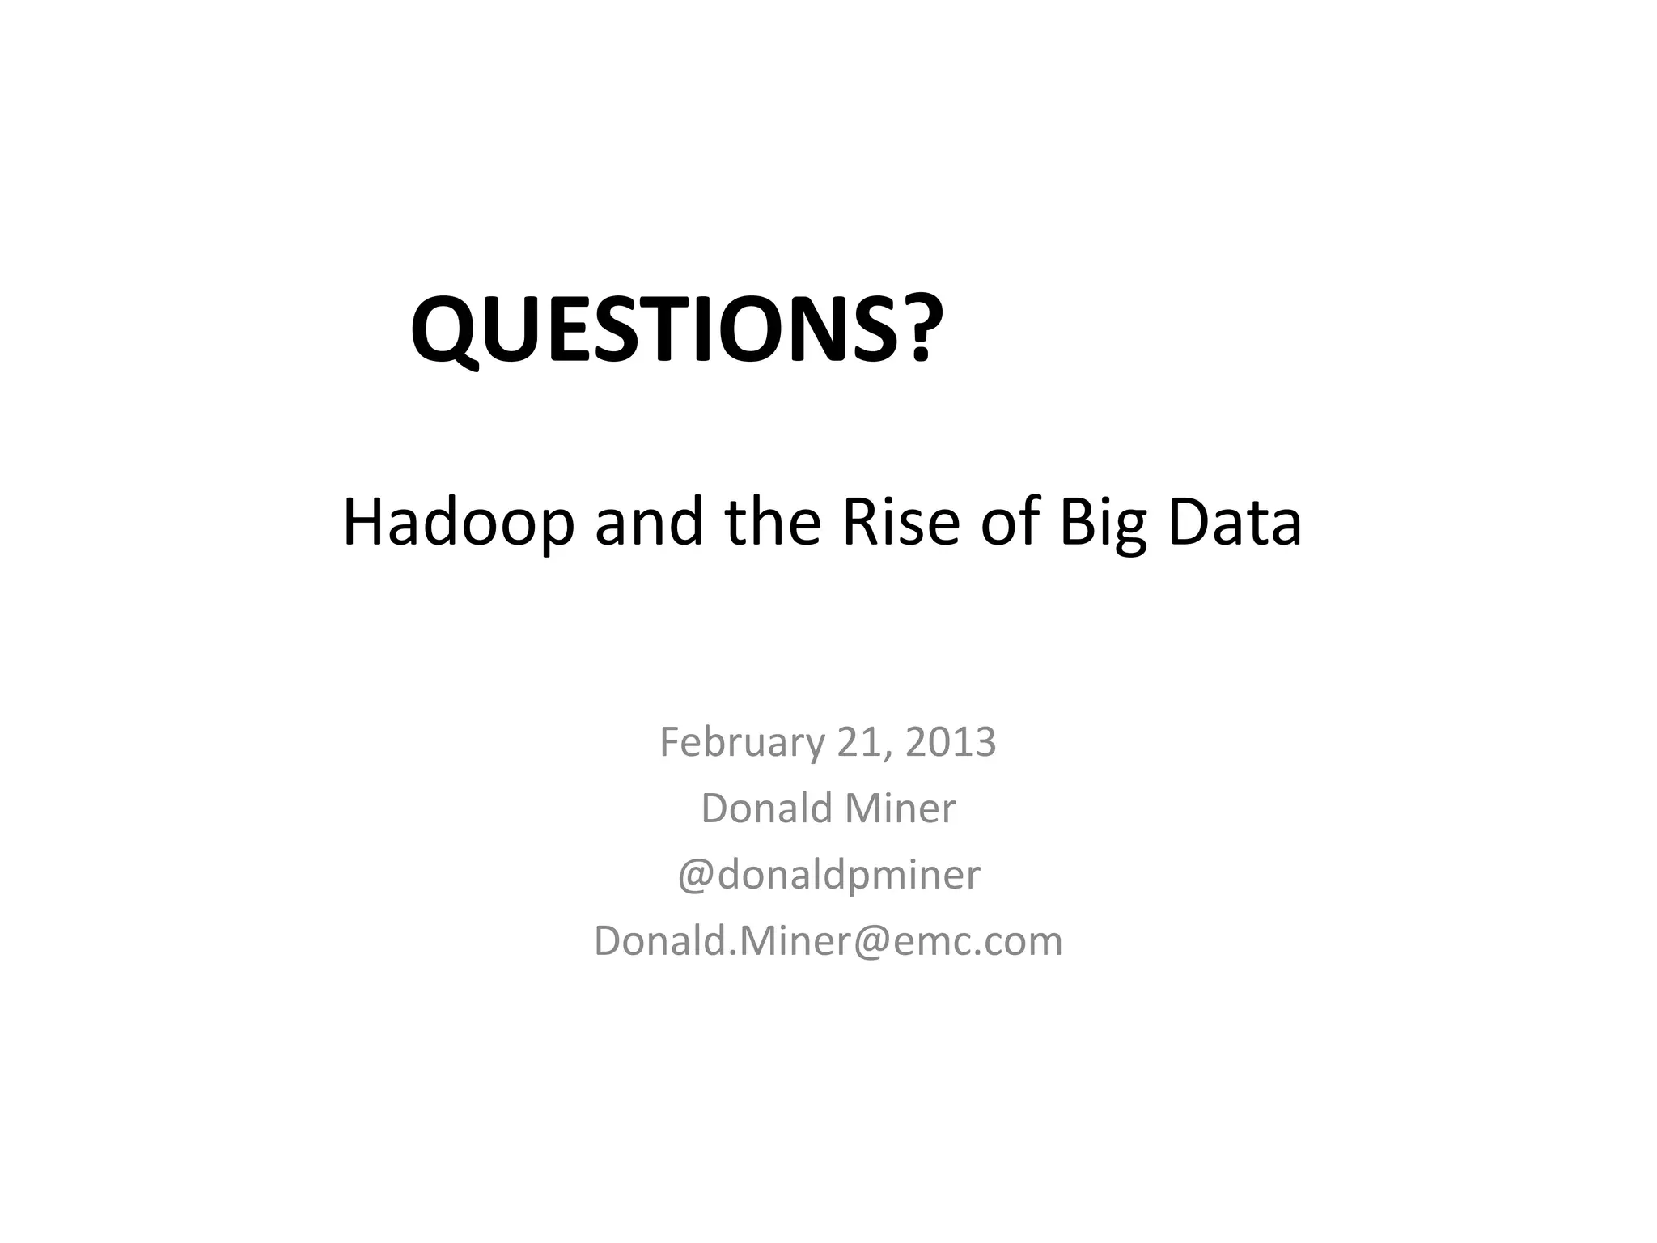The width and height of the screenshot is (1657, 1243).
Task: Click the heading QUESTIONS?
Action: pos(676,330)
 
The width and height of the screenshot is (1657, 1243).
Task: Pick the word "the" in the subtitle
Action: pos(773,522)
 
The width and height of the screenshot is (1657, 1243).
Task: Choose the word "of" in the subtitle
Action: pos(1011,522)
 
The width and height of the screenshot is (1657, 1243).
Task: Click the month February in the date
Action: pos(739,742)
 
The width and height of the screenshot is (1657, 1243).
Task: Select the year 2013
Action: pos(950,742)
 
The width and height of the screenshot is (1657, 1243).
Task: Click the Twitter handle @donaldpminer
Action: pos(828,875)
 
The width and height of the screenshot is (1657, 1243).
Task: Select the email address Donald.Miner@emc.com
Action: pos(828,941)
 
